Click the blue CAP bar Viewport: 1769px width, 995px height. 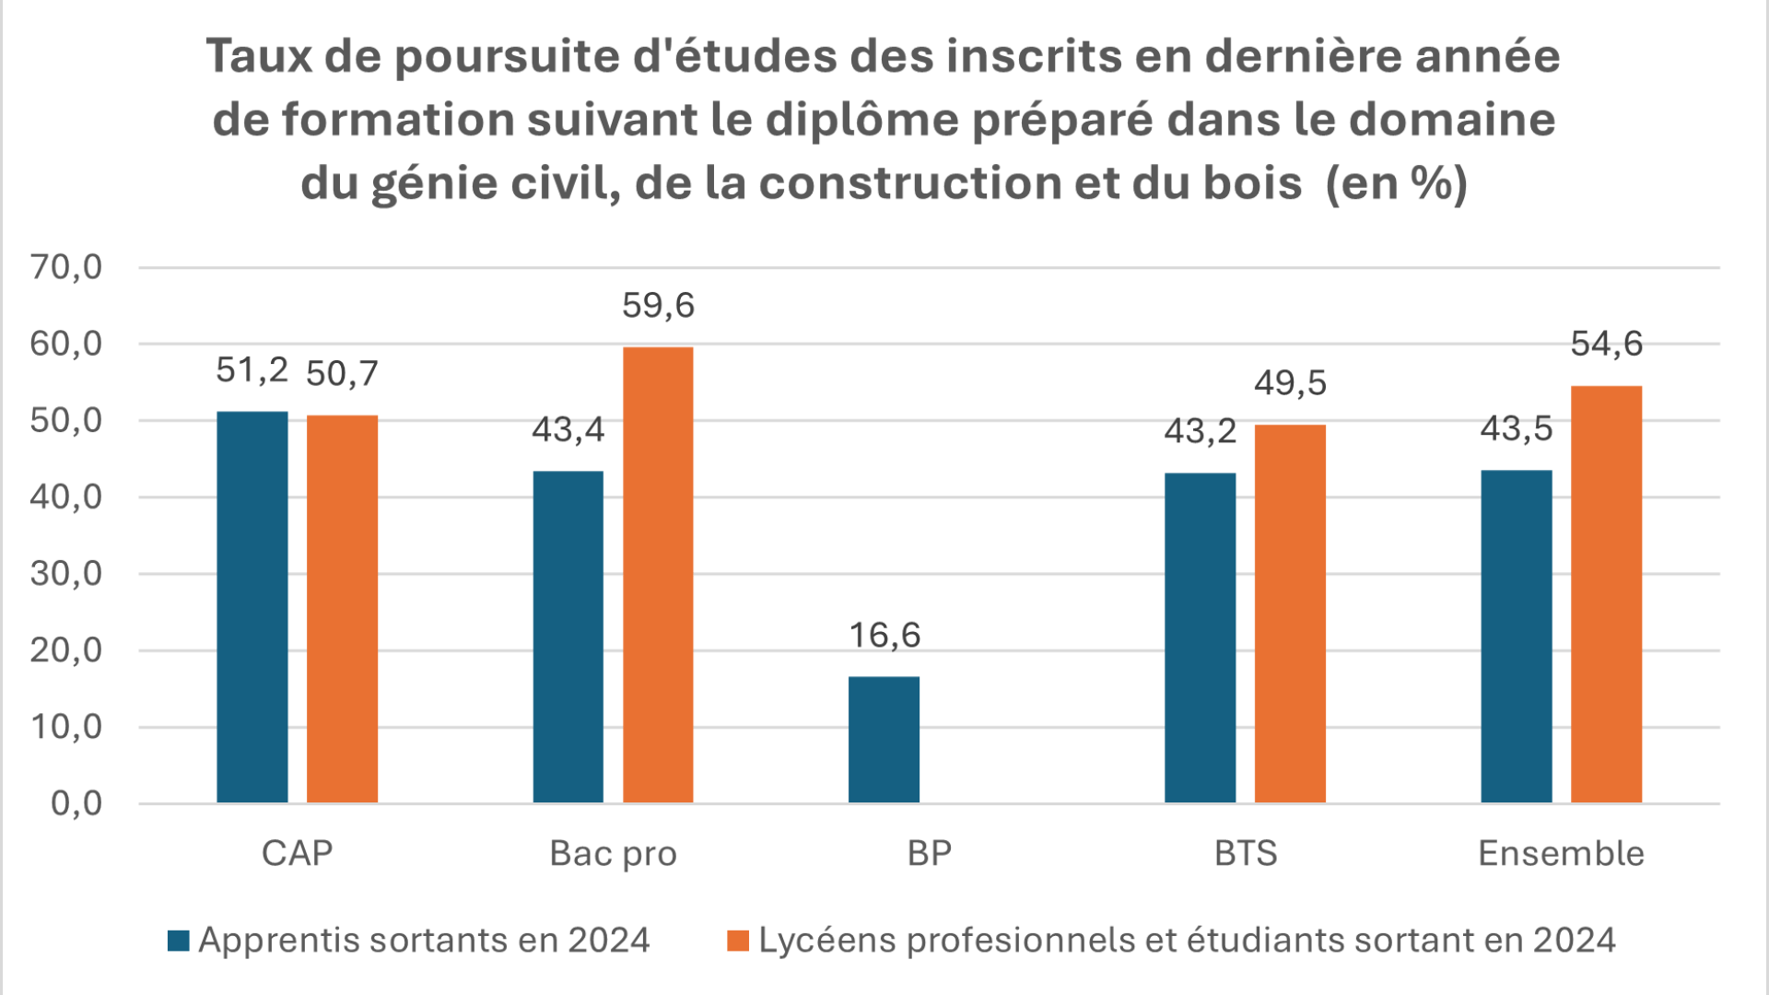click(x=252, y=607)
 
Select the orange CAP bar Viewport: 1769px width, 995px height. click(x=342, y=609)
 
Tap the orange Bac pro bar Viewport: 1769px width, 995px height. click(x=658, y=575)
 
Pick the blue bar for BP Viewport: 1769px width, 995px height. click(x=884, y=740)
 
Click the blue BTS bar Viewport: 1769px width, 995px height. click(x=1200, y=638)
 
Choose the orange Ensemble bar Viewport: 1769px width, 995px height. click(x=1606, y=594)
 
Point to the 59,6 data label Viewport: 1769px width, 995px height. click(x=658, y=305)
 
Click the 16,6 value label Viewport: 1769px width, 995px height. click(x=884, y=635)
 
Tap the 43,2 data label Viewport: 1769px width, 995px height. click(x=1200, y=430)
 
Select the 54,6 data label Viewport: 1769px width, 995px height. click(x=1606, y=344)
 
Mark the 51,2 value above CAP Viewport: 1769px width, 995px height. click(x=252, y=369)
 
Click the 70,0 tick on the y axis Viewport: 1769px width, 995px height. click(x=66, y=267)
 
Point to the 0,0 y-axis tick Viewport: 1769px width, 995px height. click(x=76, y=803)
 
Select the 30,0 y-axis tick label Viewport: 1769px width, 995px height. click(x=66, y=574)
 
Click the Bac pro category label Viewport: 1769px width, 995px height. click(x=613, y=853)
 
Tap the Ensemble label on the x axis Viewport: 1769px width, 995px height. click(x=1561, y=853)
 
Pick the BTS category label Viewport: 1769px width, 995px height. click(x=1246, y=853)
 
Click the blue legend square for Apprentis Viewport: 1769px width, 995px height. click(x=179, y=941)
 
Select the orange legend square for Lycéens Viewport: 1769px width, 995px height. click(x=738, y=941)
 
